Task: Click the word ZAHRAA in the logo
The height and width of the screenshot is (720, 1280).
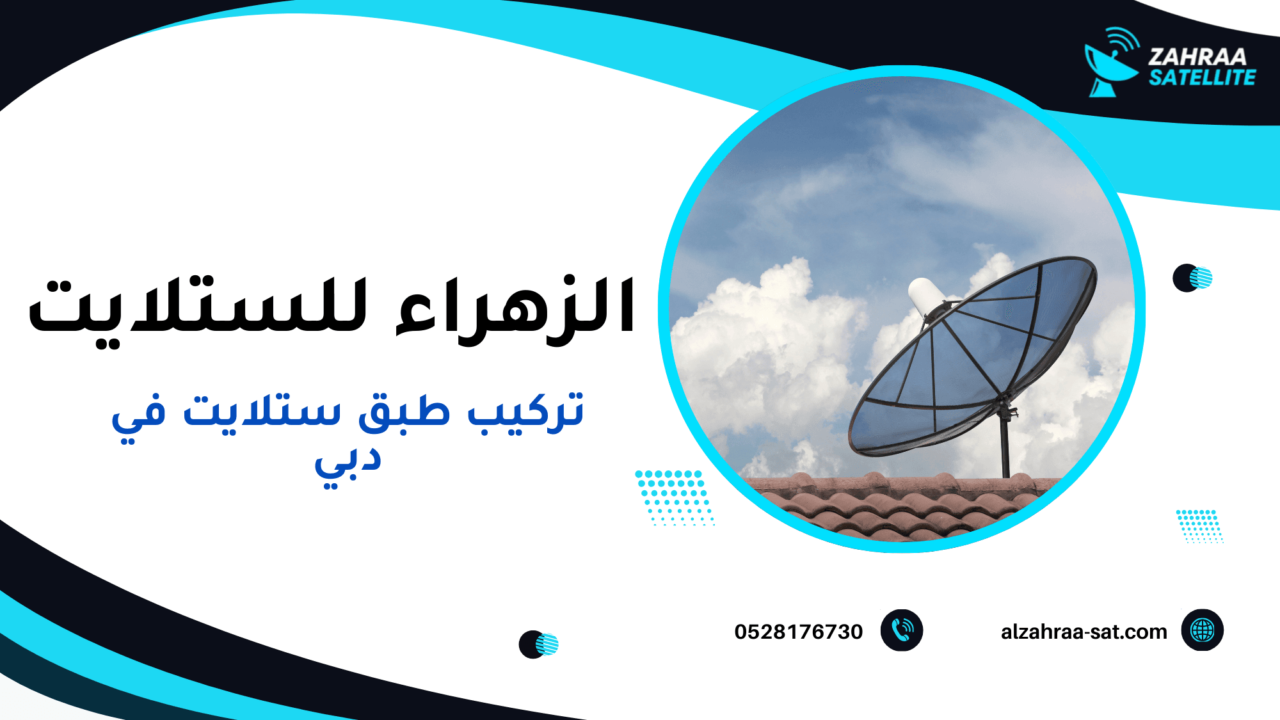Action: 1197,57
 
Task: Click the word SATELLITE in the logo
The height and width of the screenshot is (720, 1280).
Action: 1202,78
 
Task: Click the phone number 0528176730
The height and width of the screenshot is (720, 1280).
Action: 798,632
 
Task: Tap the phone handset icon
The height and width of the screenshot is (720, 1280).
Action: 902,630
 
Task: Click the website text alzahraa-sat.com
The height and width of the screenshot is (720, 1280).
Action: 1084,632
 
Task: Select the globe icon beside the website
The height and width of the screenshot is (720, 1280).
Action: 1202,630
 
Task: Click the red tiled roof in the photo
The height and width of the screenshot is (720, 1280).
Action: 896,506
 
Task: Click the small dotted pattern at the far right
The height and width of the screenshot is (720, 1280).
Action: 1199,525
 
